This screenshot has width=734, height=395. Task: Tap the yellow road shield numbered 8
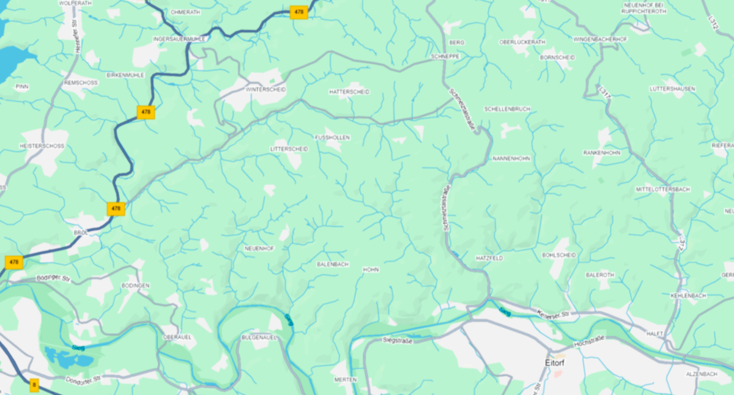tap(34, 385)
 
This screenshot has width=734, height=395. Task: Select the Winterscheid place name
tap(265, 89)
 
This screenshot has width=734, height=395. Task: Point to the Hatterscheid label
tap(349, 92)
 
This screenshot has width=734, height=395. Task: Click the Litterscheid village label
tap(289, 149)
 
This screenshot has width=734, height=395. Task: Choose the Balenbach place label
tap(333, 264)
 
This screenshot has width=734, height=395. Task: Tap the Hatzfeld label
tap(489, 258)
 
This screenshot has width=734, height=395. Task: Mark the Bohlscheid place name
tap(559, 255)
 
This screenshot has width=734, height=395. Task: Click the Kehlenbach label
tap(688, 295)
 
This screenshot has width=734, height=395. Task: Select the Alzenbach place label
tap(701, 374)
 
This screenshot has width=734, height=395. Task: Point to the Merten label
tap(345, 380)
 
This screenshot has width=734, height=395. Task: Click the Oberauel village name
tap(178, 337)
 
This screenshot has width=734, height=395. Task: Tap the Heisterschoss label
tap(42, 146)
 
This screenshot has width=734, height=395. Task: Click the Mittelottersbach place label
tap(662, 190)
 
